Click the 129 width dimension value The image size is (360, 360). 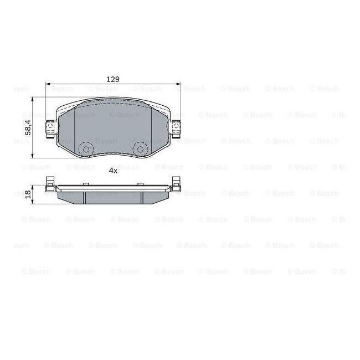point(113,79)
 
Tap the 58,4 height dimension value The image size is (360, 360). point(28,127)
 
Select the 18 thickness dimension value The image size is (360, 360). point(28,195)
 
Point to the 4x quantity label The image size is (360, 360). point(113,171)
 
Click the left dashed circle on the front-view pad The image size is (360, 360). point(86,150)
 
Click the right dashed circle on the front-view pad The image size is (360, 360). point(140,150)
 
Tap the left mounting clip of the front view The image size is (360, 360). point(50,129)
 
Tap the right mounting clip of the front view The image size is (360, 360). point(176,129)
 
